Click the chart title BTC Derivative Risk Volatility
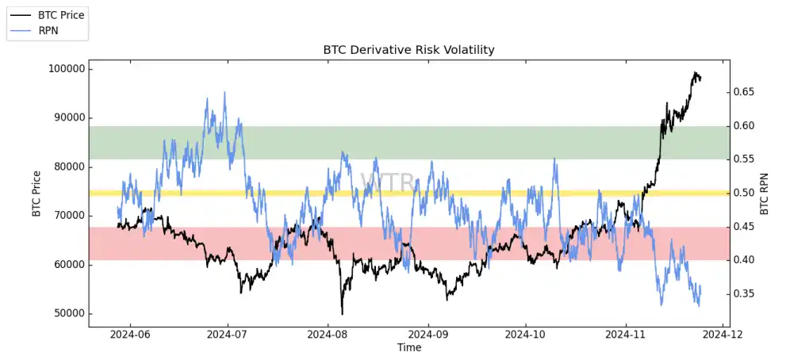click(x=408, y=50)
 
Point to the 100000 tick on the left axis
click(x=65, y=69)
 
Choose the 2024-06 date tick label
click(x=129, y=335)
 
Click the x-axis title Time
click(x=409, y=347)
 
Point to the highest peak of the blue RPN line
click(x=224, y=92)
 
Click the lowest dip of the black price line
click(x=342, y=314)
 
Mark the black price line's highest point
click(x=695, y=72)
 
